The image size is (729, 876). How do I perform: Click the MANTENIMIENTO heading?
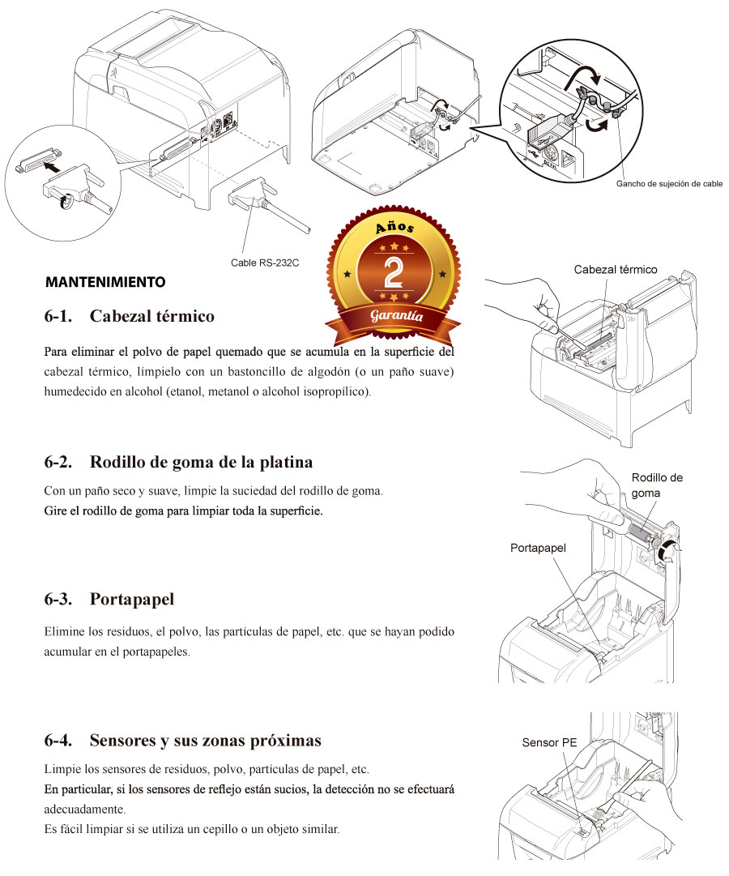105,282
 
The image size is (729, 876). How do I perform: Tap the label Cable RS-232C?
265,263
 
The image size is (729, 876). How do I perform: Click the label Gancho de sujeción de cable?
669,184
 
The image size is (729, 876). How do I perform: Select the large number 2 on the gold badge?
394,272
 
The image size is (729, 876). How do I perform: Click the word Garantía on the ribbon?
397,316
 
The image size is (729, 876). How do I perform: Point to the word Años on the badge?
394,227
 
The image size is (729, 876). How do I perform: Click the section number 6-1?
58,316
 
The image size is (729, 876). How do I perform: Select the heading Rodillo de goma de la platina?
201,462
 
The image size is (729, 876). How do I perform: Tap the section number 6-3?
58,600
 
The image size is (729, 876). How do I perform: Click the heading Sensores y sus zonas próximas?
206,741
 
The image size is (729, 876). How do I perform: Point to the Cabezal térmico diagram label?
616,270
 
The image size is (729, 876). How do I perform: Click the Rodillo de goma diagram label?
657,485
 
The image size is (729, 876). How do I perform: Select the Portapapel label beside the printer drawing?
538,548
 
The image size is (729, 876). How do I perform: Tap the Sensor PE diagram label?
549,742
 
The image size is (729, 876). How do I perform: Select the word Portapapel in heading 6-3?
132,600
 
